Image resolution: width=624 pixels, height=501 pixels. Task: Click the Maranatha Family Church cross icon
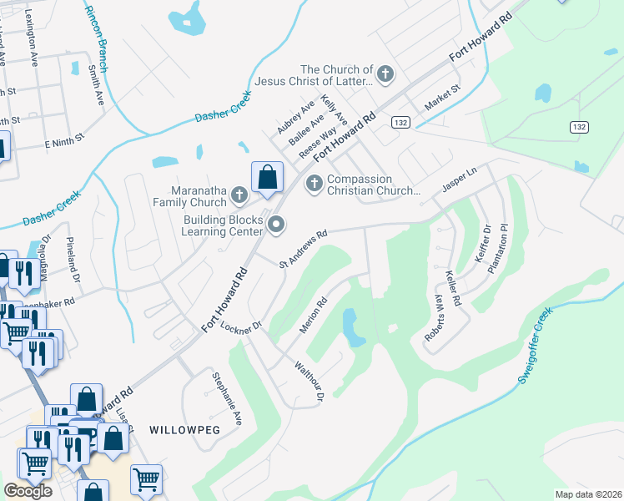tap(239, 195)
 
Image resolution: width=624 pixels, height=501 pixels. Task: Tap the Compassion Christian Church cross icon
tap(315, 183)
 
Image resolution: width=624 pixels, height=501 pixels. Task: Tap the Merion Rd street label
tap(313, 313)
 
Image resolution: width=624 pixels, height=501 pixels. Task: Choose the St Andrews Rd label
tap(303, 250)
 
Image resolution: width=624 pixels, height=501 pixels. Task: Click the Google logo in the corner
tap(28, 491)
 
